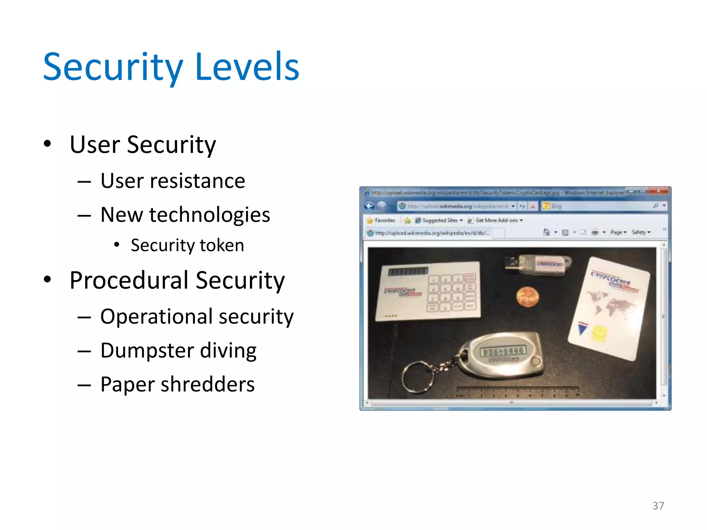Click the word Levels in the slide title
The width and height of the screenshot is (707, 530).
[247, 67]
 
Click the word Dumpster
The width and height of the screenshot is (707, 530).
[147, 351]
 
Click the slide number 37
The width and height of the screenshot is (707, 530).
[658, 506]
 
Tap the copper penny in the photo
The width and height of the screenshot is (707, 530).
[527, 296]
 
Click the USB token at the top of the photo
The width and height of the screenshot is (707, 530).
[539, 265]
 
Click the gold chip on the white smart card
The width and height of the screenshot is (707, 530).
[599, 334]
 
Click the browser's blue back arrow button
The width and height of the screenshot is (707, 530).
[369, 206]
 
